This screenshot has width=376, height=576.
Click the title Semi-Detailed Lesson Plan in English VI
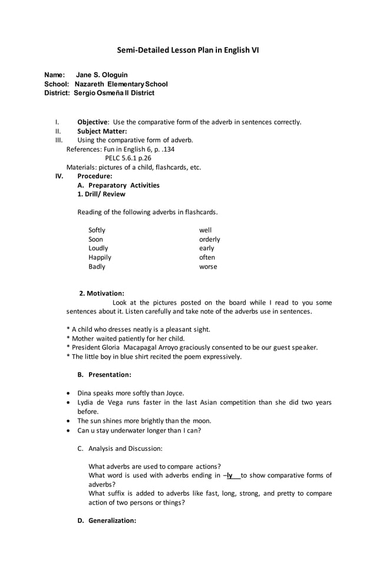tap(187, 50)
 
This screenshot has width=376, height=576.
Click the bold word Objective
tap(93, 122)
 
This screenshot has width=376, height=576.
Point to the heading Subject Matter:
tap(102, 131)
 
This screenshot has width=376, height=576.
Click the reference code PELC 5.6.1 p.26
tap(128, 158)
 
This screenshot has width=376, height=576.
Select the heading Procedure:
tap(95, 176)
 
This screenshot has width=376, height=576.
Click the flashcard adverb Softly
tap(97, 230)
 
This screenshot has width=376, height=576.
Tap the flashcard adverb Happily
tap(100, 257)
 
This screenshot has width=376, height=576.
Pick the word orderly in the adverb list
tap(209, 240)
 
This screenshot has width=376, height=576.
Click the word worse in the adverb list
tap(208, 267)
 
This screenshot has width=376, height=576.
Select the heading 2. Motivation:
tap(101, 293)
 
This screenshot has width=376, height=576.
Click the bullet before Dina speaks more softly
tap(71, 393)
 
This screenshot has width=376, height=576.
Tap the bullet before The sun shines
tap(71, 421)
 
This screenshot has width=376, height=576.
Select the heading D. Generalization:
tap(107, 521)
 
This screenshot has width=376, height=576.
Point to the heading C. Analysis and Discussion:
tap(120, 449)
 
